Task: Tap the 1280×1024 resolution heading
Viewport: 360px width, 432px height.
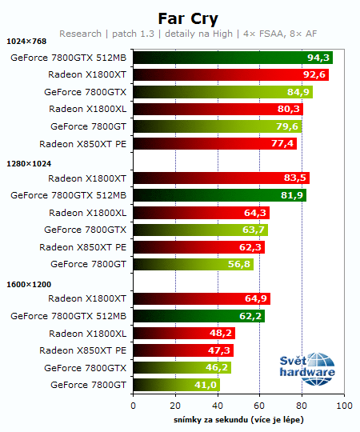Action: [x=27, y=162]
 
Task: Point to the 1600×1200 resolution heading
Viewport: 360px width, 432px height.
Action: [x=27, y=283]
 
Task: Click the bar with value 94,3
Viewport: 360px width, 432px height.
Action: [x=232, y=58]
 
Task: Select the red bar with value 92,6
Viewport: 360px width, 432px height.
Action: [x=230, y=75]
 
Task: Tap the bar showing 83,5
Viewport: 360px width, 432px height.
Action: [x=221, y=178]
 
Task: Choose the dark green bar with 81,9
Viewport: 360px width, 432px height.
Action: [x=219, y=195]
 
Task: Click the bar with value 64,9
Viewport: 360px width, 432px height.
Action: [x=201, y=299]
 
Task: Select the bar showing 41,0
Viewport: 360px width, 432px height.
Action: [x=176, y=385]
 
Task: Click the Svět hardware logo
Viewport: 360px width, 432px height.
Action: [x=307, y=367]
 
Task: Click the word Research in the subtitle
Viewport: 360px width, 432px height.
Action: [x=79, y=34]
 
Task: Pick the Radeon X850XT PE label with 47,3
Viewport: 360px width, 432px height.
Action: [x=82, y=350]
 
